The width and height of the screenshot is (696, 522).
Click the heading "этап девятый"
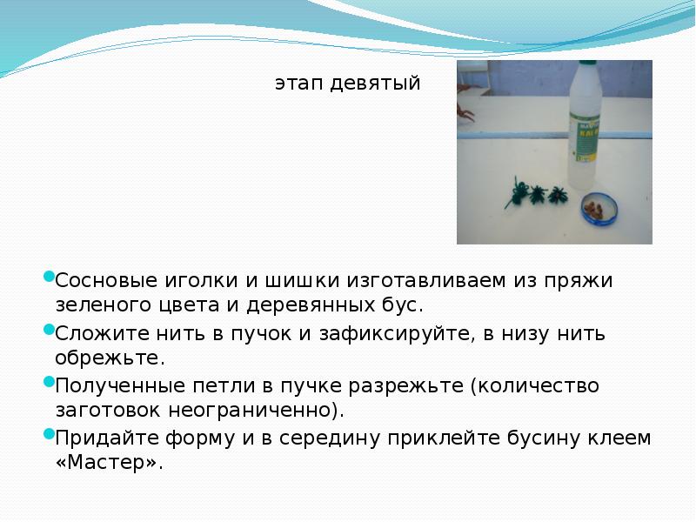(x=348, y=84)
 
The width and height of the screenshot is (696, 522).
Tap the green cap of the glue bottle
(x=580, y=71)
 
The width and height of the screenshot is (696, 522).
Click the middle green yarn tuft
(x=538, y=192)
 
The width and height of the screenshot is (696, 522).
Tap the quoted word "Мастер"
(x=108, y=462)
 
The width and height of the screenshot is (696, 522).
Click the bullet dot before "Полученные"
(x=49, y=383)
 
